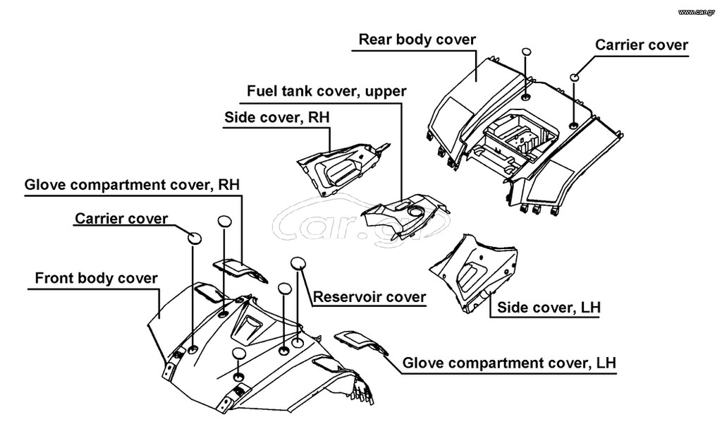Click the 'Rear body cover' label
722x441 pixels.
[417, 40]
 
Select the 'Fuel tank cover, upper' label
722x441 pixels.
[326, 91]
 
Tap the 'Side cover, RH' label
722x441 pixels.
[276, 117]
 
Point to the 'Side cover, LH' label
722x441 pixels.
[549, 308]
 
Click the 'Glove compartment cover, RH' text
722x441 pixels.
[132, 185]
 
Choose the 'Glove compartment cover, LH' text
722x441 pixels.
[509, 363]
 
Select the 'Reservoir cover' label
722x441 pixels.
[369, 297]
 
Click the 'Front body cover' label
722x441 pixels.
[96, 278]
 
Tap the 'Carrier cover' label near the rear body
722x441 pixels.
[642, 44]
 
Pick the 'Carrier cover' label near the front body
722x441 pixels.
[121, 219]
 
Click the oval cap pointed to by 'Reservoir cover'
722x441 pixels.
[298, 263]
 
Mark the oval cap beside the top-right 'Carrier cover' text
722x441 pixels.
[575, 76]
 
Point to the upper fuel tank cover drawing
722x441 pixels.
[405, 215]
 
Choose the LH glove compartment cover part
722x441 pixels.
[362, 342]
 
